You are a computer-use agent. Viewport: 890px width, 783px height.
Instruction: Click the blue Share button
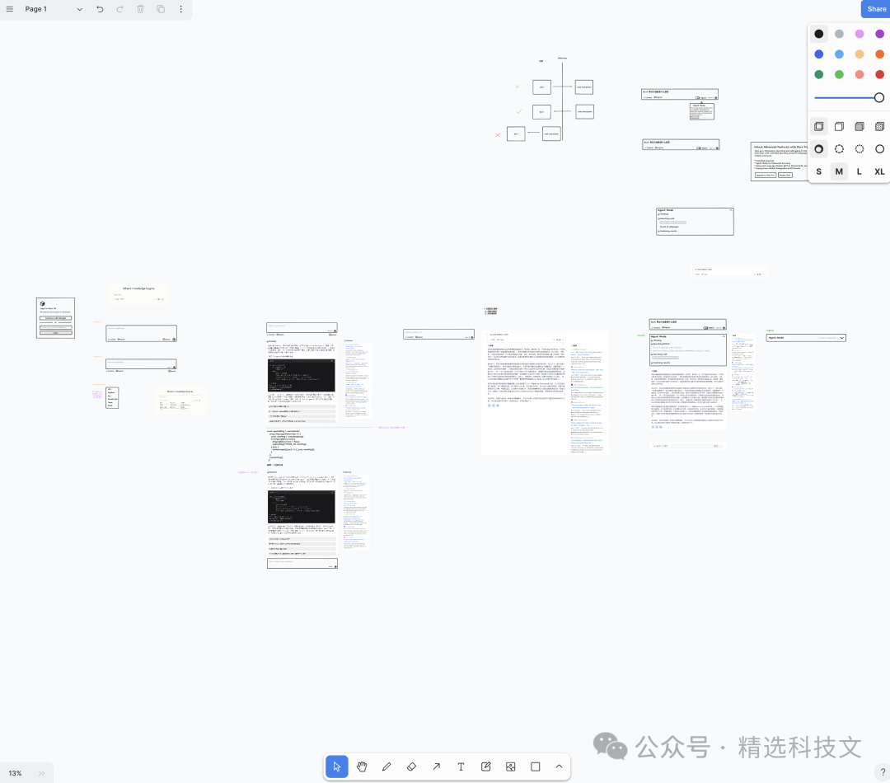click(876, 9)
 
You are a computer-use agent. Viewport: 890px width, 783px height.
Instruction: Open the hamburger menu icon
click(10, 9)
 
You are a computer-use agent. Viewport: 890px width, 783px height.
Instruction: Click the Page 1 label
click(36, 9)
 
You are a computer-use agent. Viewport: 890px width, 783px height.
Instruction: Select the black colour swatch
click(818, 34)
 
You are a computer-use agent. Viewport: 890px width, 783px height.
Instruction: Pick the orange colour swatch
click(879, 54)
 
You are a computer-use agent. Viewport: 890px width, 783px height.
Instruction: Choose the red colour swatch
click(879, 74)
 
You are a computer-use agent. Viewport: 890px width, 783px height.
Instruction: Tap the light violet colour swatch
click(860, 34)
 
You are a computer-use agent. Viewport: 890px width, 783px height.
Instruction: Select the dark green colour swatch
click(818, 74)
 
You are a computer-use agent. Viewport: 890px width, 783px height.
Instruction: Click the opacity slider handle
click(879, 97)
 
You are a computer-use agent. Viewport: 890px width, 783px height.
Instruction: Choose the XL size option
click(879, 171)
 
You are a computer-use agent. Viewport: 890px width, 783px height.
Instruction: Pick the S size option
click(818, 171)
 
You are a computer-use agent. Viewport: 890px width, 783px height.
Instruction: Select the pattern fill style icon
click(879, 126)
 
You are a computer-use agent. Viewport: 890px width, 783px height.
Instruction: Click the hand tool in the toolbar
click(362, 767)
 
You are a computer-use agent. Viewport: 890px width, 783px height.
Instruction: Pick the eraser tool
click(411, 767)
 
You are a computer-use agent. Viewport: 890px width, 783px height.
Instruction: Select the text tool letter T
click(461, 767)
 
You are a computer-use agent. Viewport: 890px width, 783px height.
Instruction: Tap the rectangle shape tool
click(535, 767)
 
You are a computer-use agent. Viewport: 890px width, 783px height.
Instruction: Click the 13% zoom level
click(16, 773)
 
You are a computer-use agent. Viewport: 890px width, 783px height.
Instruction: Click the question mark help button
click(881, 773)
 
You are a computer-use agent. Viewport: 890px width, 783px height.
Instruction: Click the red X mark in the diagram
click(498, 134)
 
